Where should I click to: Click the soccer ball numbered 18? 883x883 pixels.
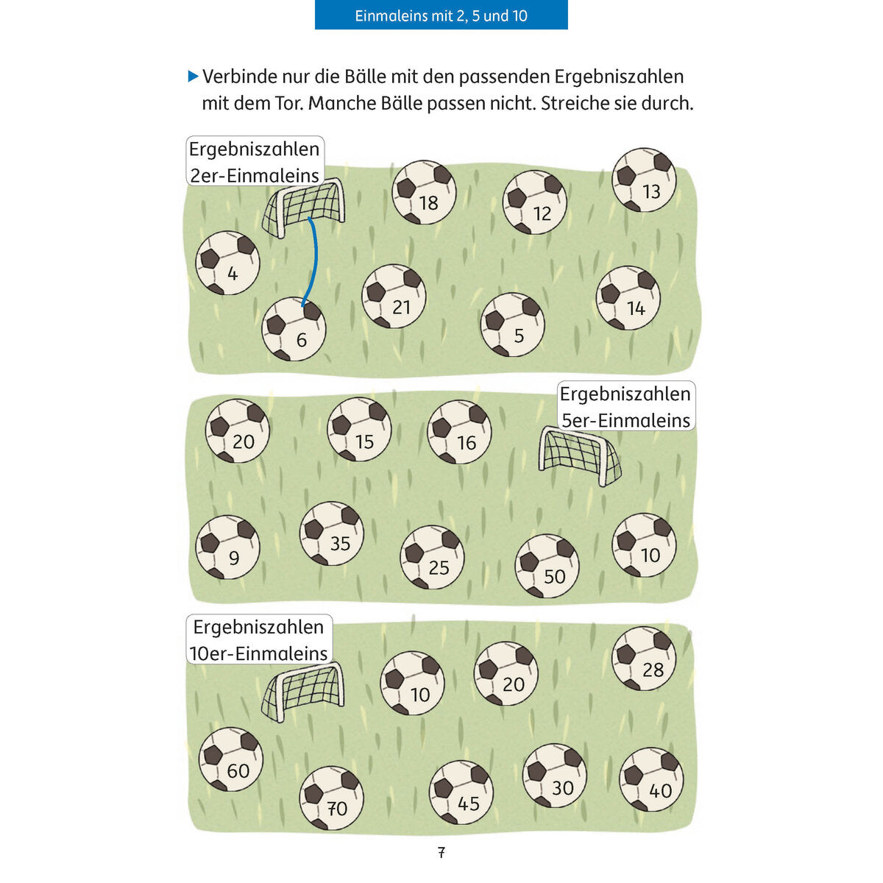(424, 193)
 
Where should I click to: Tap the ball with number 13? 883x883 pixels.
(644, 180)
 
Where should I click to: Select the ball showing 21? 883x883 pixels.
(394, 296)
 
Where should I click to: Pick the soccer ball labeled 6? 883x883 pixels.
(294, 329)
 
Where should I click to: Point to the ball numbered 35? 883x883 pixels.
(332, 533)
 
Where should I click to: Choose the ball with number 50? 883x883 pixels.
(547, 566)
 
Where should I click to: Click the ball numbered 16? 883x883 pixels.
(459, 432)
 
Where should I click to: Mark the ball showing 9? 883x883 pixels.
(227, 547)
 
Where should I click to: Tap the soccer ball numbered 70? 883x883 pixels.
(332, 798)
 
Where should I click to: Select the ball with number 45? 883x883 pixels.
(461, 792)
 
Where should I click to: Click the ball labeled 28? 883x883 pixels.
(644, 659)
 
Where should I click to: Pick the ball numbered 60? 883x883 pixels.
(231, 759)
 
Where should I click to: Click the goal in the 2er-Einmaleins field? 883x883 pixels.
(303, 208)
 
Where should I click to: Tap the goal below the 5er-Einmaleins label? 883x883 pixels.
(580, 456)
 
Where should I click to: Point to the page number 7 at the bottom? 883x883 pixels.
(441, 852)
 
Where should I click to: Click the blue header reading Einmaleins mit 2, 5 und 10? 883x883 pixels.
(441, 15)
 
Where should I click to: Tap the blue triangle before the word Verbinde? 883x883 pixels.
(193, 77)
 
